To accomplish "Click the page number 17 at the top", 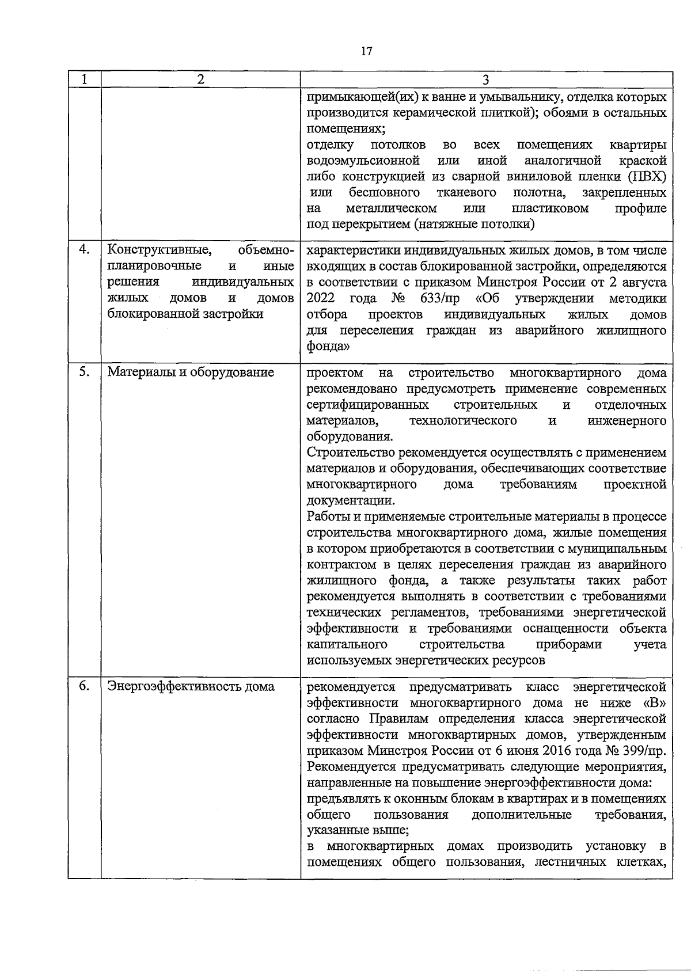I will (367, 51).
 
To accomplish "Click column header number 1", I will (84, 79).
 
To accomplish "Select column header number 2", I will (200, 79).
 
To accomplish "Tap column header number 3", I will (485, 80).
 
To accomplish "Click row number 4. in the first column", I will (84, 249).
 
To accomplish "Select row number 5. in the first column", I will (84, 371).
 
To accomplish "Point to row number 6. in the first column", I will (84, 686).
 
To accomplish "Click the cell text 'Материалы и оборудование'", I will (191, 372).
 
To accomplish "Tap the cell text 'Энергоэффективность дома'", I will (191, 687).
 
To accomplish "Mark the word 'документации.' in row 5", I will (351, 500).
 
